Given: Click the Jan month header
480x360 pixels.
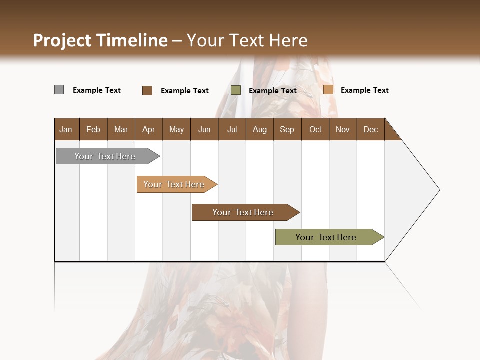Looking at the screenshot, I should (66, 130).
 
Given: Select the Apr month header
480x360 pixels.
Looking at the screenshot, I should (148, 130).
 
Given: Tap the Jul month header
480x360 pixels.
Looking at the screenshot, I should (232, 130).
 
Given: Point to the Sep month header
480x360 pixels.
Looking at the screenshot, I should (287, 130).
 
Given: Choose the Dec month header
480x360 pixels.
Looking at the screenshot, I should (370, 130).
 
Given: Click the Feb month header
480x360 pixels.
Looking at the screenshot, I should (93, 130).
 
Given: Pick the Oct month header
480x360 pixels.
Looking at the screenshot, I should (315, 130).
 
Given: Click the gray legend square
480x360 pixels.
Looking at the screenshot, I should (59, 90).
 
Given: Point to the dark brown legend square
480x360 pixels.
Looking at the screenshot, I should (147, 90).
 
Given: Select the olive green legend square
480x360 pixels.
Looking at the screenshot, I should (236, 90).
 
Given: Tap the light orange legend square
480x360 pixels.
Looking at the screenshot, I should (328, 90).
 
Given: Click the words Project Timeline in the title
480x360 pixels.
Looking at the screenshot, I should (100, 40).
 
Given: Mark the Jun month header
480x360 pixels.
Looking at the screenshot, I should (204, 130).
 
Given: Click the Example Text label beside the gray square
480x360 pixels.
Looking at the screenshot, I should (97, 90).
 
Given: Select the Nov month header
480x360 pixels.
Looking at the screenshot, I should (343, 130).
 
